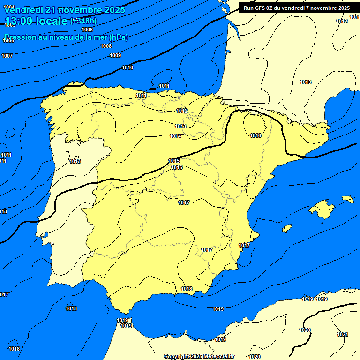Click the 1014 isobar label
tap(175, 136)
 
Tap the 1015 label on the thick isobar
tap(174, 161)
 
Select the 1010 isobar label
tap(127, 68)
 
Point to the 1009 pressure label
tap(115, 56)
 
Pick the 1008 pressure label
tap(106, 46)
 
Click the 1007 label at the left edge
tap(7, 56)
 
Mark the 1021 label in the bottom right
tap(343, 334)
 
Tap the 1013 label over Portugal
tap(75, 162)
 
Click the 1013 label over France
tap(306, 82)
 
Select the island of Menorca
tap(347, 199)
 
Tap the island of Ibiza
tap(287, 228)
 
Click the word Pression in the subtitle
tap(20, 37)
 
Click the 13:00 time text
tap(19, 21)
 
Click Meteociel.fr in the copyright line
tap(218, 357)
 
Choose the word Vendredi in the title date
tap(21, 10)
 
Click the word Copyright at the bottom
tap(178, 357)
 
